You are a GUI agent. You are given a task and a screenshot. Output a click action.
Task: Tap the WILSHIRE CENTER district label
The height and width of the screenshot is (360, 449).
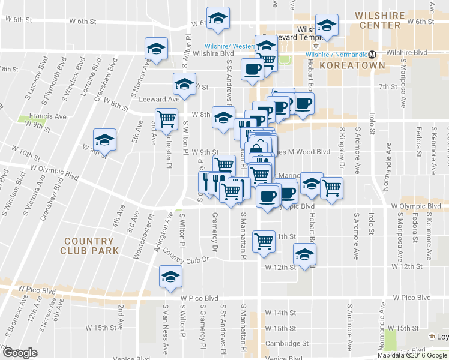click(x=385, y=20)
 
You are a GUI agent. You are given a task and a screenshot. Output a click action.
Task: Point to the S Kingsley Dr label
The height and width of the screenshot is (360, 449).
click(x=342, y=148)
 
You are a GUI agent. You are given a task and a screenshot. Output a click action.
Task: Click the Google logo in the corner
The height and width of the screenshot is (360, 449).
click(x=20, y=353)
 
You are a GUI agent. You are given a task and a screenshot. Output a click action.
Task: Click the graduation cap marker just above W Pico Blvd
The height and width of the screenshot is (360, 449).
click(x=170, y=276)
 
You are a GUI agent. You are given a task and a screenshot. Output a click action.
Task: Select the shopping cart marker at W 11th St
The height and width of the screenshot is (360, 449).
click(x=264, y=241)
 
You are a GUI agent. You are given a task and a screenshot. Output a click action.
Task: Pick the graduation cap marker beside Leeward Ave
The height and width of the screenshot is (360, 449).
click(x=184, y=83)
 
